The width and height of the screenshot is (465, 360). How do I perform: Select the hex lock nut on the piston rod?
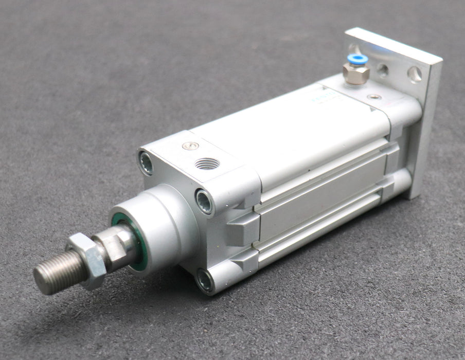(x=86, y=260)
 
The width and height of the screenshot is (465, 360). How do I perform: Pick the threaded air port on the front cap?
(x=207, y=164)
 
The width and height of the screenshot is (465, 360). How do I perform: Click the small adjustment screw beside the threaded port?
(x=190, y=146)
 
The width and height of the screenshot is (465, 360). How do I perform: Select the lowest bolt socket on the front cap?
(x=204, y=280)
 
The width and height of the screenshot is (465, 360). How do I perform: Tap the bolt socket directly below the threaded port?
(x=204, y=201)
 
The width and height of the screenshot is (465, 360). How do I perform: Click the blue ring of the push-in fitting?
(x=357, y=59)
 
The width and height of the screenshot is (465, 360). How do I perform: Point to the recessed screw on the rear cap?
(x=374, y=97)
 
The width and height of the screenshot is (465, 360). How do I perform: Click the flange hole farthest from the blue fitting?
(x=415, y=75)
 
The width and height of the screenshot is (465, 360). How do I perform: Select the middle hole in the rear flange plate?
(x=383, y=69)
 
